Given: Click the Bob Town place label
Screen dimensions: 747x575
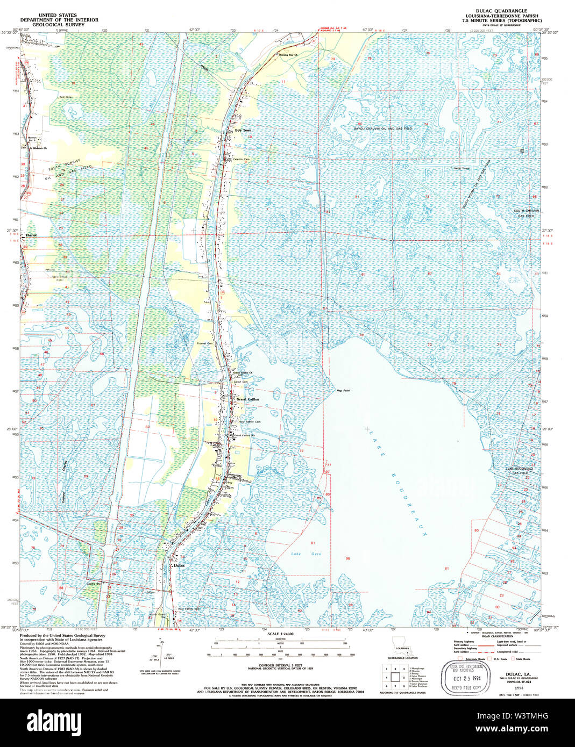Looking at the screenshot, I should pyautogui.click(x=243, y=131).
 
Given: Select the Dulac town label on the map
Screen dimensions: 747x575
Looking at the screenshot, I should pyautogui.click(x=179, y=565).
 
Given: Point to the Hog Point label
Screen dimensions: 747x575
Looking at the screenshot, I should pyautogui.click(x=343, y=390).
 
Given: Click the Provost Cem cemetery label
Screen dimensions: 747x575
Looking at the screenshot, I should pyautogui.click(x=204, y=343).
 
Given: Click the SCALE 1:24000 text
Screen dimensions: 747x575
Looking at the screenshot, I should pyautogui.click(x=280, y=634).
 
